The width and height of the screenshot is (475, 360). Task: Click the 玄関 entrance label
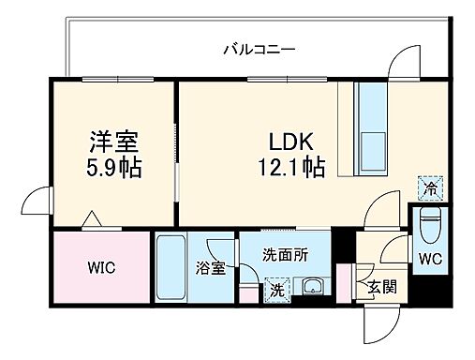tap(381, 286)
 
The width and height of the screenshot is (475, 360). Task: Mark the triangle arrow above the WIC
tap(90, 220)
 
